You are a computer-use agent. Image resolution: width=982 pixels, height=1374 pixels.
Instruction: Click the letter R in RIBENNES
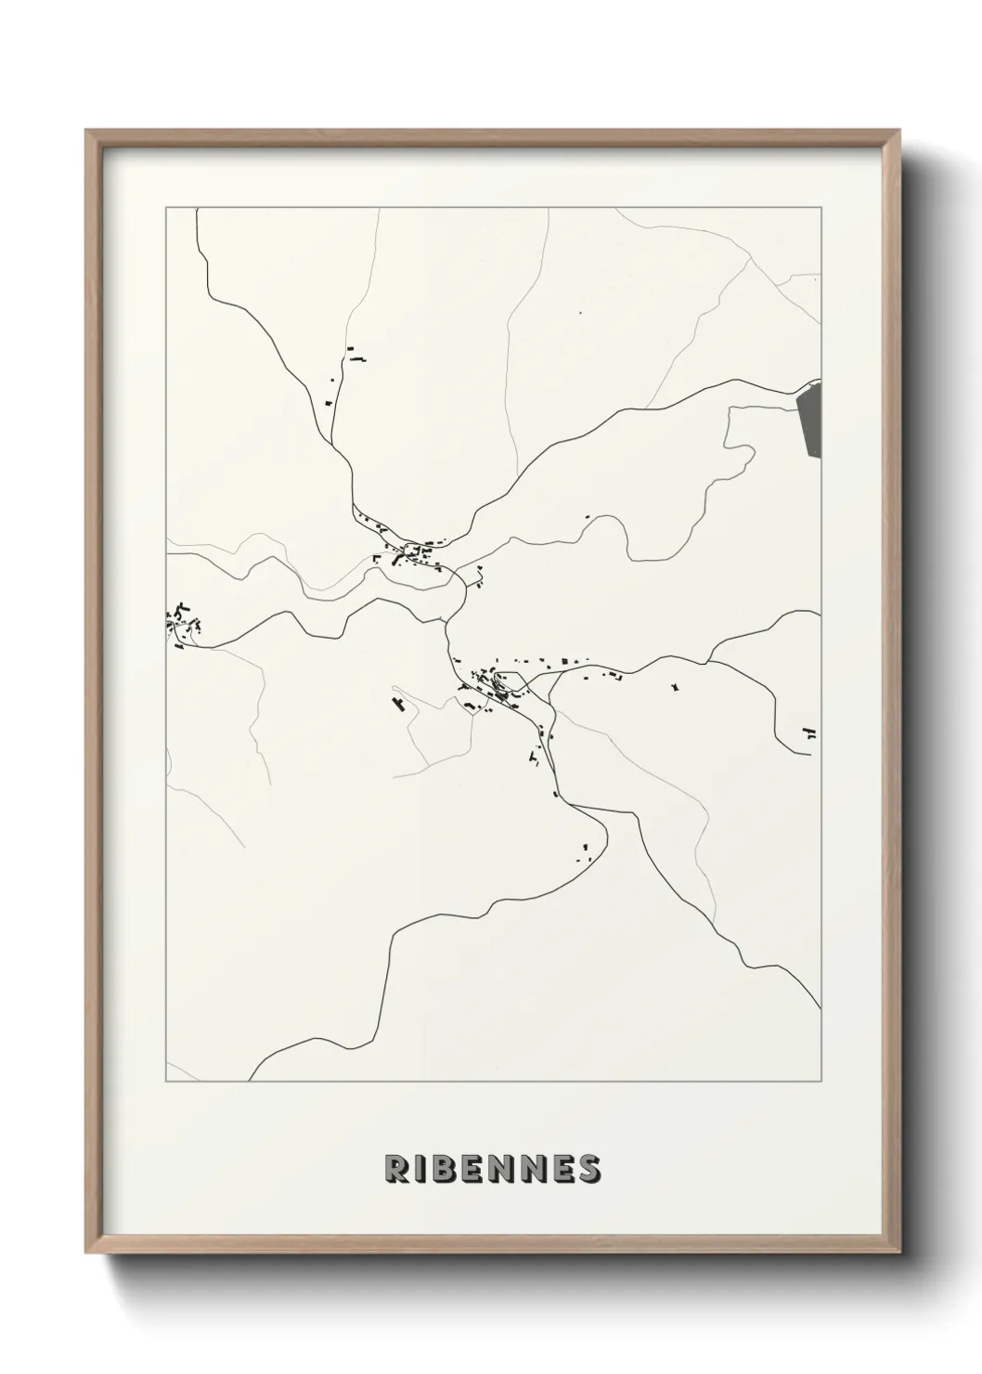396,1169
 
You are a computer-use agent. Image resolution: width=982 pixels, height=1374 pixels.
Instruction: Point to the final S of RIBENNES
588,1169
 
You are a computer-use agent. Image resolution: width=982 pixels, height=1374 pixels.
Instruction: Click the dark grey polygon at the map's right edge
809,421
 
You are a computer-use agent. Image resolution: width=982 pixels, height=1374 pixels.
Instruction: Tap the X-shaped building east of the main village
675,687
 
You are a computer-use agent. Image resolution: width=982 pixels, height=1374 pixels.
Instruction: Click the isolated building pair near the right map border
810,732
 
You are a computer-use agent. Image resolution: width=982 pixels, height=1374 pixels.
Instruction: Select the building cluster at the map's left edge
182,623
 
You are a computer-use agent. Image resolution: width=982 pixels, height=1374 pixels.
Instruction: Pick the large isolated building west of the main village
399,703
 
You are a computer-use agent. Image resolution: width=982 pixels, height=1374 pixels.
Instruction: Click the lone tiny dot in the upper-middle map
579,313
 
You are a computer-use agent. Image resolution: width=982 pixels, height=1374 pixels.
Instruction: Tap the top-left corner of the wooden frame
87,132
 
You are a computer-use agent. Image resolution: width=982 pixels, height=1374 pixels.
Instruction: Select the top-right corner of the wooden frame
903,132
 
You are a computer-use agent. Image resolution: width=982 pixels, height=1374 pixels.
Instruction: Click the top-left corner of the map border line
166,208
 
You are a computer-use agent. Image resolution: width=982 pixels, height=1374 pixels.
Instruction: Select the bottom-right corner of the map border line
820,1082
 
